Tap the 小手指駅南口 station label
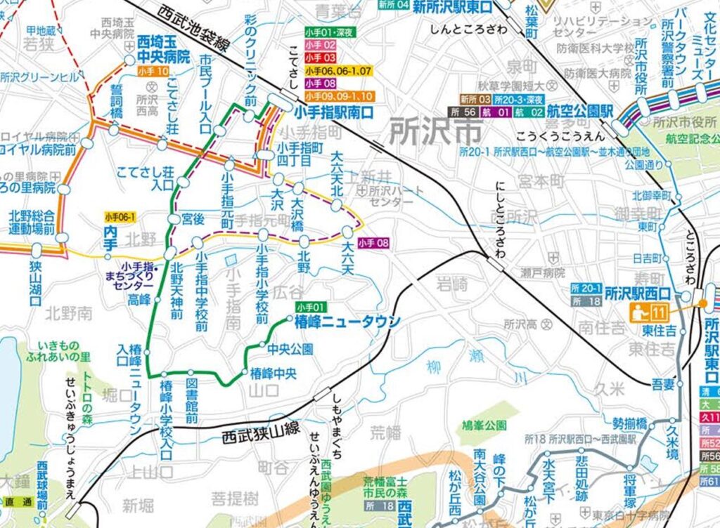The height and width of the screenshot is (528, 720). pyautogui.click(x=333, y=112)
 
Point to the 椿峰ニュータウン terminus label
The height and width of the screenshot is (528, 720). pyautogui.click(x=347, y=322)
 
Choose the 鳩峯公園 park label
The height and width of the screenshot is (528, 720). pyautogui.click(x=486, y=425)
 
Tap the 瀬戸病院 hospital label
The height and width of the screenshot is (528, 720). pyautogui.click(x=544, y=272)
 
